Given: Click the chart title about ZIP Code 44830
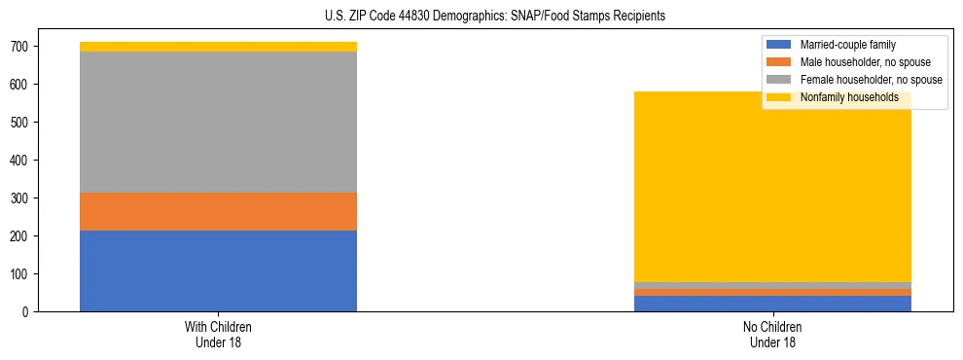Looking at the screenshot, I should coord(495,17).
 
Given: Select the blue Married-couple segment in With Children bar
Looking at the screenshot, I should coord(218,270).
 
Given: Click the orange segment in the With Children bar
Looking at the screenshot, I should coord(218,211).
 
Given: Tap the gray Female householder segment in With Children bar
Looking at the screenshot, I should coord(218,122).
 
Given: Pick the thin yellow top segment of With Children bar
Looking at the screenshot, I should coord(218,47).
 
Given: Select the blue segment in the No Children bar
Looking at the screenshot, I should coord(772,304).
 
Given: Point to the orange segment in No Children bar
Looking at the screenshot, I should coord(772,292).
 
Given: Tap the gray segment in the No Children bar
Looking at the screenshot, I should coord(772,285).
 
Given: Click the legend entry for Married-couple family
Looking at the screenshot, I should coord(847,45).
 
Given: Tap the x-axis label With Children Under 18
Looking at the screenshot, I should coord(218,334).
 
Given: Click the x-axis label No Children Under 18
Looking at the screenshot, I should coord(772,334).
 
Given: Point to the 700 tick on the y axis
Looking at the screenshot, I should coord(23,47).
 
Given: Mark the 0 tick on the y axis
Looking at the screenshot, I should coord(29,312).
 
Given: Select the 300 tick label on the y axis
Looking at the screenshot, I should coord(23,198).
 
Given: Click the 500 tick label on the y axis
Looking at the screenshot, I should coord(23,123).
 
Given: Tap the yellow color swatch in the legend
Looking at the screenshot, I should coord(779,97).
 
